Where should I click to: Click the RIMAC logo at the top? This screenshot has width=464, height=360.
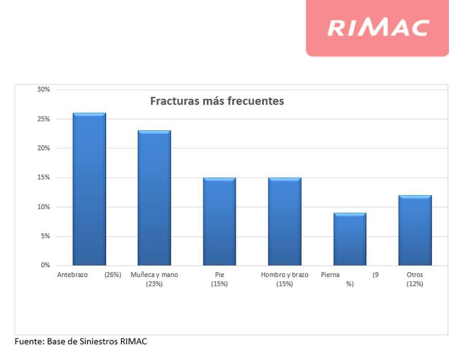click(378, 27)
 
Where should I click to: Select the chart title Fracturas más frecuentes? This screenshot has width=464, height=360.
click(217, 101)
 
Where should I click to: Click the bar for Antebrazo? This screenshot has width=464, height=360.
click(89, 189)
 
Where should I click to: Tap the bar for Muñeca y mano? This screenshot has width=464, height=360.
click(154, 198)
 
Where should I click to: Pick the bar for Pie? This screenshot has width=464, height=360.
click(219, 221)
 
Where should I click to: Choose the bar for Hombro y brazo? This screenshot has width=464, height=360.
click(285, 221)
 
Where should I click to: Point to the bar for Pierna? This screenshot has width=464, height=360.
click(350, 239)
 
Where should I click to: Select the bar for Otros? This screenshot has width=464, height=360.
click(415, 230)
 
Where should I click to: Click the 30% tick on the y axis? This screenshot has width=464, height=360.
click(44, 89)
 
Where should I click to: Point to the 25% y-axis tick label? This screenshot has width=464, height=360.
click(44, 119)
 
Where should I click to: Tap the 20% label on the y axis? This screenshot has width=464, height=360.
click(44, 148)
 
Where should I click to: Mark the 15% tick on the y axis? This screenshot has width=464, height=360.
click(44, 178)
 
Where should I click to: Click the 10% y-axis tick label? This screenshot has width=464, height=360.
click(44, 207)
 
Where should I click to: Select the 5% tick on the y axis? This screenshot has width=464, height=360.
click(45, 236)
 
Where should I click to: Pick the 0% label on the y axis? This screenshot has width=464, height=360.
click(45, 265)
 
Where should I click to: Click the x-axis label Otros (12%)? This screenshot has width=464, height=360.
click(415, 279)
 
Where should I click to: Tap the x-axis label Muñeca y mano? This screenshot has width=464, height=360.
click(154, 275)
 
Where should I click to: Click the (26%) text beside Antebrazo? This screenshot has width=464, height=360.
click(112, 275)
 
